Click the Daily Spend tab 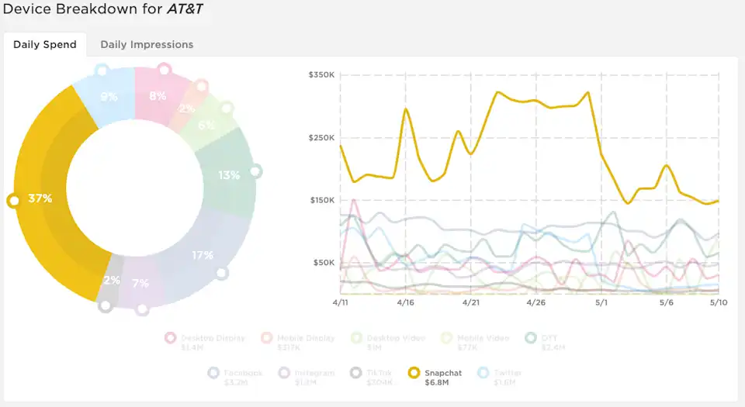coord(45,44)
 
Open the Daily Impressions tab coord(147,44)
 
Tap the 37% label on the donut coord(40,198)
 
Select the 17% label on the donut coord(203,255)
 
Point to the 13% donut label coord(229,175)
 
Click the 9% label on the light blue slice coord(109,97)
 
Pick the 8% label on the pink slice coord(158,96)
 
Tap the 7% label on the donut coord(140,283)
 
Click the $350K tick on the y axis coord(321,75)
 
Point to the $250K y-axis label coord(321,138)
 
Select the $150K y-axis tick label coord(321,200)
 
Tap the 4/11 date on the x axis coord(341,303)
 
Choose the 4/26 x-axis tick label coord(536,303)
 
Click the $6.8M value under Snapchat coord(439,382)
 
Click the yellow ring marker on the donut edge coord(12,201)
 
